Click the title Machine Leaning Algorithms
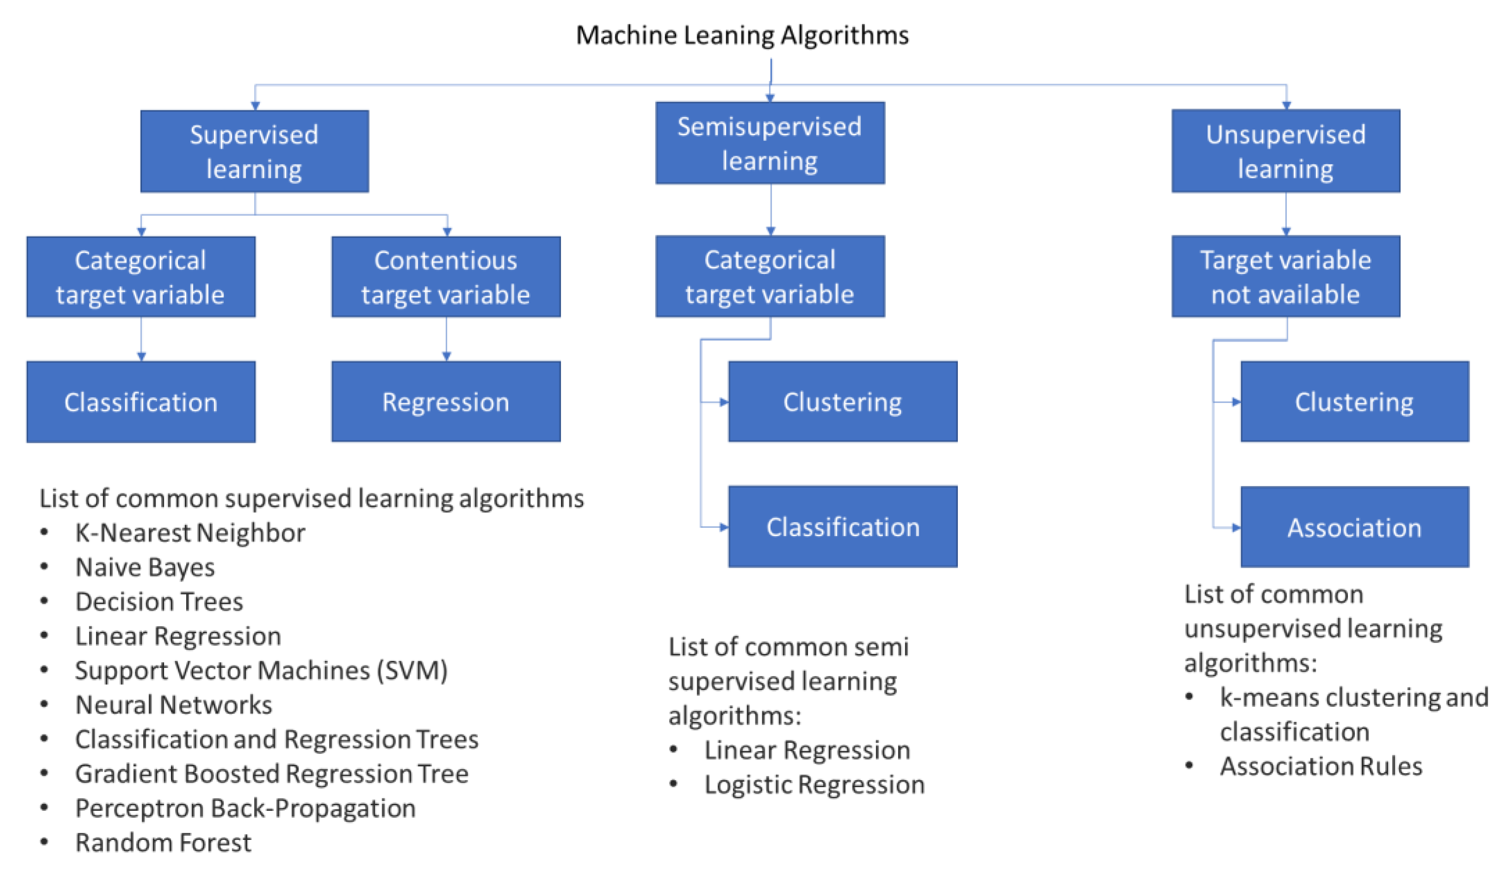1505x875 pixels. point(742,35)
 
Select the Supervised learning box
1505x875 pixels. point(255,151)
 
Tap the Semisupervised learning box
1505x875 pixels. point(770,143)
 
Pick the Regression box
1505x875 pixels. point(445,401)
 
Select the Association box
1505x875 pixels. point(1354,527)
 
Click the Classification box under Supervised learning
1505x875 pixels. point(141,401)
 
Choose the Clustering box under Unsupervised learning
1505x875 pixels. point(1354,401)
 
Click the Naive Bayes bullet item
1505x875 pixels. point(145,567)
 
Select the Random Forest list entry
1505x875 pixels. point(163,842)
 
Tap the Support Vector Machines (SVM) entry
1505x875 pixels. point(261,670)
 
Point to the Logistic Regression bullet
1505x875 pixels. point(814,784)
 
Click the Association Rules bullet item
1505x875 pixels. point(1321,766)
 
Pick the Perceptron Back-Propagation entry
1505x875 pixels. point(245,808)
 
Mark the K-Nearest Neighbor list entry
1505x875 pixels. point(190,532)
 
